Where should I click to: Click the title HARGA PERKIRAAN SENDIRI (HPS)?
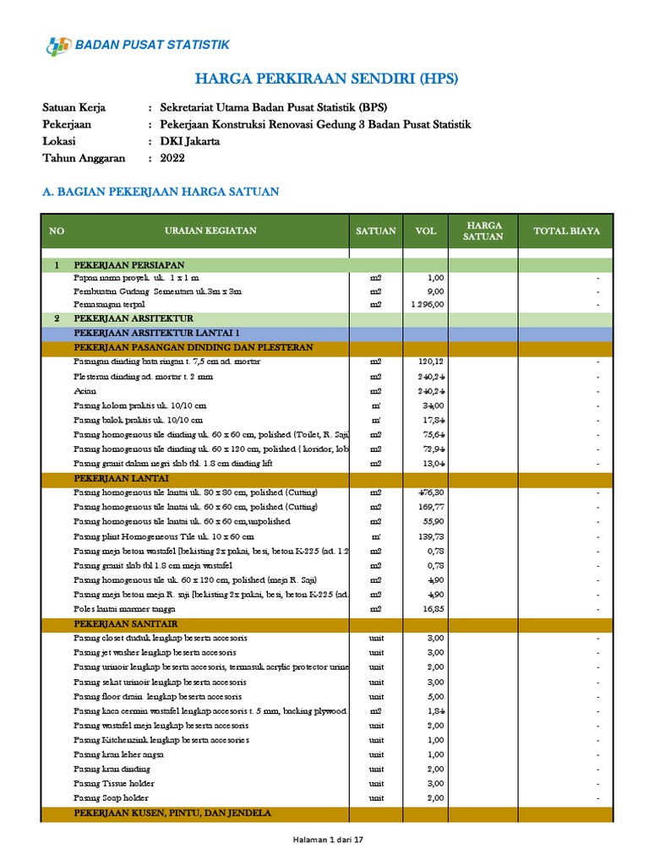[326, 79]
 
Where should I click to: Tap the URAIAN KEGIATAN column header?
[211, 231]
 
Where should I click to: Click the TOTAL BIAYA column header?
[566, 231]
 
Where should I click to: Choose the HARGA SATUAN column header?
[484, 231]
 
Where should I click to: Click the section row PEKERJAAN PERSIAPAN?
[129, 264]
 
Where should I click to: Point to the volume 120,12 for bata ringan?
[431, 362]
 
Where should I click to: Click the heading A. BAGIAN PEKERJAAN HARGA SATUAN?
[161, 192]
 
